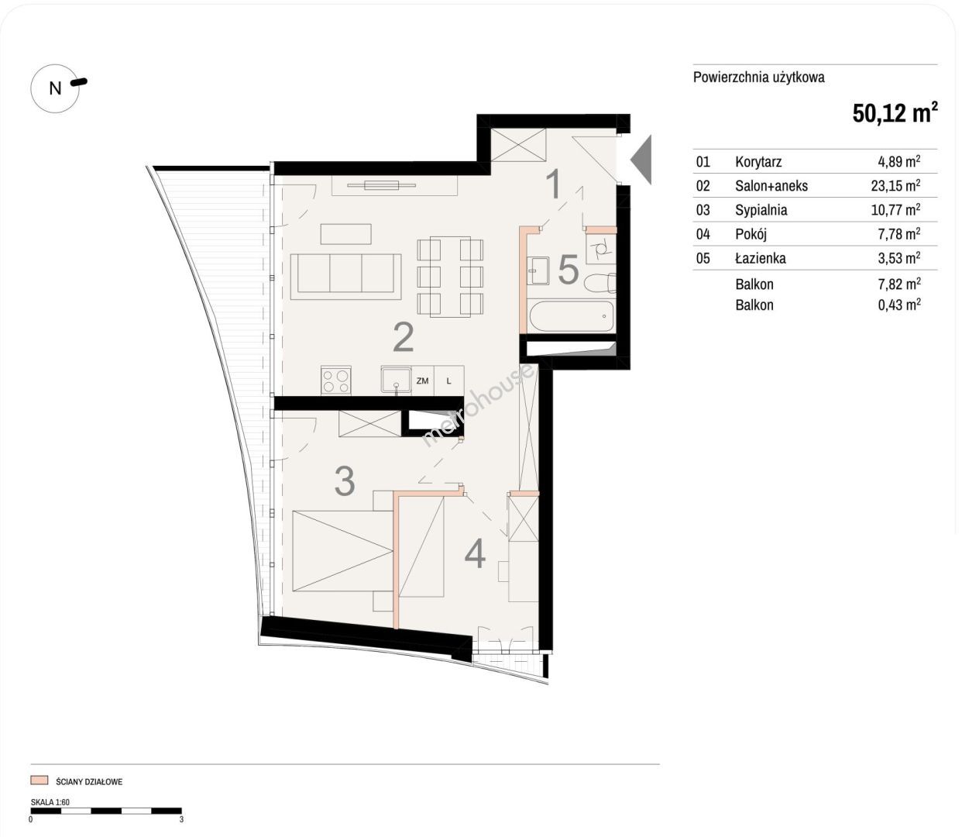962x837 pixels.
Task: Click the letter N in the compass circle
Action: [x=55, y=88]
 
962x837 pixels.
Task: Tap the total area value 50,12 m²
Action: [x=895, y=113]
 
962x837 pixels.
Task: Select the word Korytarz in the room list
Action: [x=758, y=162]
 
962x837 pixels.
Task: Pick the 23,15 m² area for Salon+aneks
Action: [x=895, y=185]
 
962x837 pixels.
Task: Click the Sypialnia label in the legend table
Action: [x=761, y=209]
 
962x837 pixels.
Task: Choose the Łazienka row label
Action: [x=761, y=258]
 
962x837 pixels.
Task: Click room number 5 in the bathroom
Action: [x=568, y=270]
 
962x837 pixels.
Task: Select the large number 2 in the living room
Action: [x=404, y=337]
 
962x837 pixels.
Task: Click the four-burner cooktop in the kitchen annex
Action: [x=335, y=381]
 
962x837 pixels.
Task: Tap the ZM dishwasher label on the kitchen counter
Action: [x=422, y=381]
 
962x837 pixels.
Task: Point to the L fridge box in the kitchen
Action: [x=449, y=381]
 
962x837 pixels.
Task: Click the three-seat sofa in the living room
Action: [x=345, y=277]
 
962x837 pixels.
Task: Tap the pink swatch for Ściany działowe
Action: [x=39, y=780]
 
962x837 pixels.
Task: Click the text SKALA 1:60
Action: [x=50, y=802]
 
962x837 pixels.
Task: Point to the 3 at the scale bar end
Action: [x=181, y=819]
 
